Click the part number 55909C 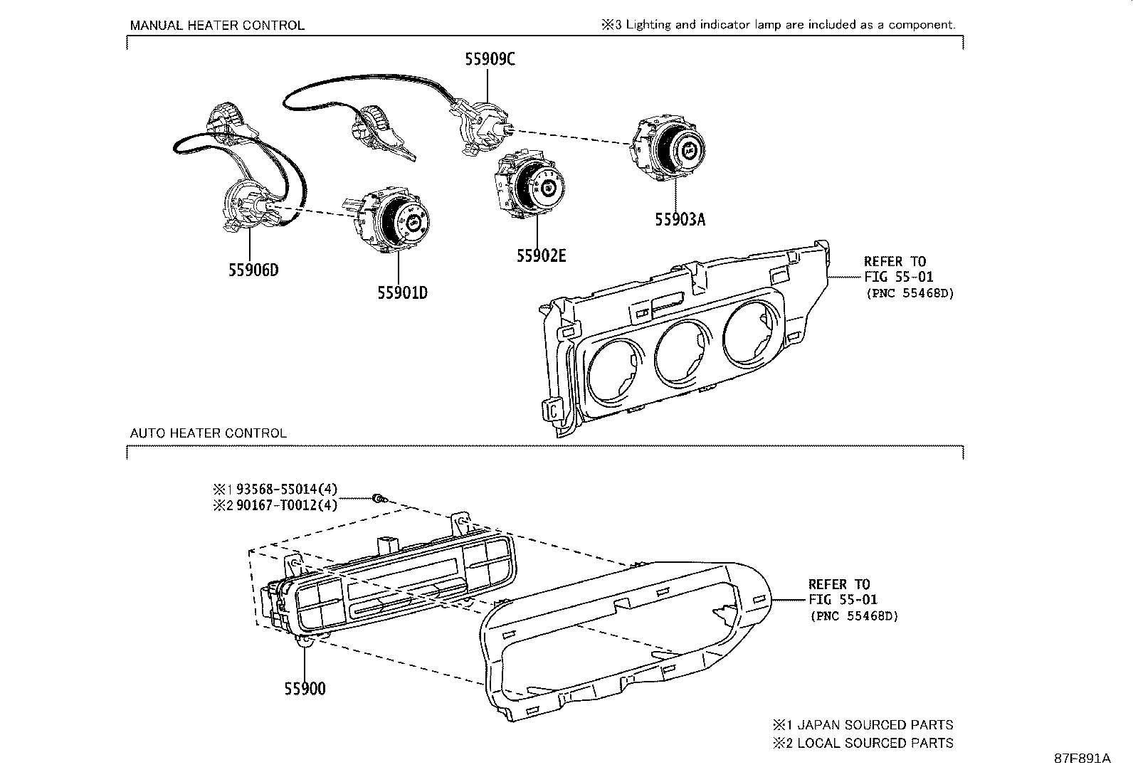490,60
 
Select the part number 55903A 680,220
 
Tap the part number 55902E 541,256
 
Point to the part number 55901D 402,292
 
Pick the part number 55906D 253,270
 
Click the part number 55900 305,689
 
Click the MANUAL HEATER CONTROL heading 217,26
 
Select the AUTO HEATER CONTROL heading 209,433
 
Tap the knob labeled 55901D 395,223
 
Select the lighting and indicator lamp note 779,25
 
